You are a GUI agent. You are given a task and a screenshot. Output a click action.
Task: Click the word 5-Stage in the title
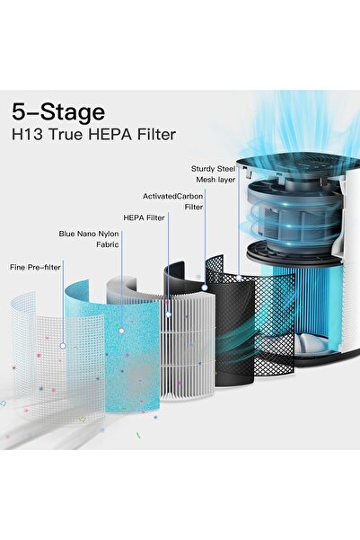(58, 112)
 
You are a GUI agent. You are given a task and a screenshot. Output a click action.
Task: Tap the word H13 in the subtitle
(28, 137)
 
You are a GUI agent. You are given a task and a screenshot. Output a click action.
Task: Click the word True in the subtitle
(68, 137)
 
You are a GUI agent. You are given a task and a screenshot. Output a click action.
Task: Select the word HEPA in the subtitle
(112, 137)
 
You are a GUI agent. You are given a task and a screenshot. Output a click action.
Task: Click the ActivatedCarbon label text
(172, 195)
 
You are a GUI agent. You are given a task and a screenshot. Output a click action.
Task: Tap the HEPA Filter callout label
(143, 217)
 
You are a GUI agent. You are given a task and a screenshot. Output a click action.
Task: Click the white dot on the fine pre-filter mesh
(62, 345)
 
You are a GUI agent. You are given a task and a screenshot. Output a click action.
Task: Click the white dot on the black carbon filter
(206, 288)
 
